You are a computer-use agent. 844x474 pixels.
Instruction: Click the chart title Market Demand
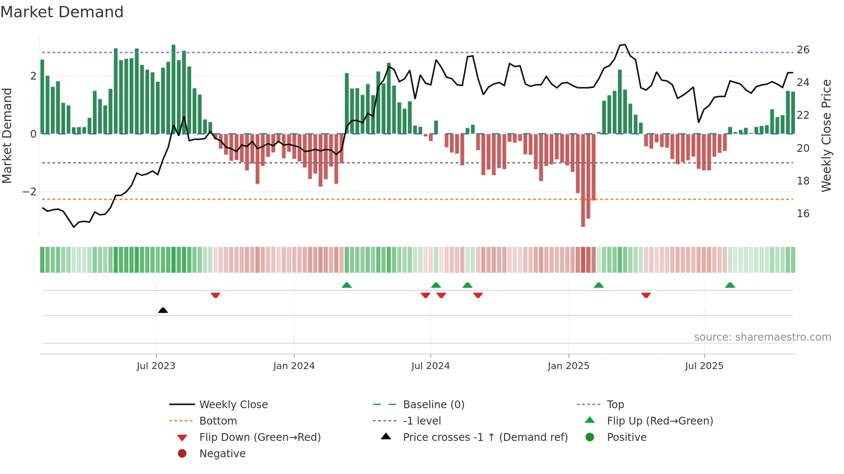point(62,12)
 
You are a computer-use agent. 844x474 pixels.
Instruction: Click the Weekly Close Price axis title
point(826,135)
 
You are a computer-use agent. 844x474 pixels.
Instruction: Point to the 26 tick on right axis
point(803,50)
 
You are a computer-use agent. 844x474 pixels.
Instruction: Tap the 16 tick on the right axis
point(803,214)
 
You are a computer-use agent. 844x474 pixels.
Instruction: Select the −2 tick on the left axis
point(29,192)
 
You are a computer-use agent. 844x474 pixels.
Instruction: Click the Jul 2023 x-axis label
point(156,366)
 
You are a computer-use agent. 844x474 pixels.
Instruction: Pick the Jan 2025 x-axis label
point(568,366)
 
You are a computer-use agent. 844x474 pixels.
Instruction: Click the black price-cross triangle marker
point(163,310)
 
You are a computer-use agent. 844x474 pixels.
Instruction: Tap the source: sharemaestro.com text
point(762,337)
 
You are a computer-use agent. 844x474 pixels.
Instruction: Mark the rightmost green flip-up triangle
point(730,285)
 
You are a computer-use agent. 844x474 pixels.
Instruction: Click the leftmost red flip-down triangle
point(216,295)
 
